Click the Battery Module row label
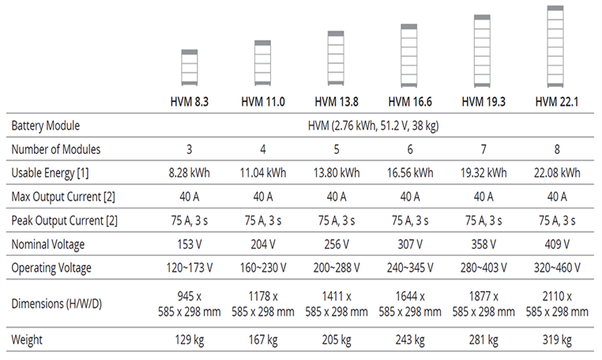(46, 126)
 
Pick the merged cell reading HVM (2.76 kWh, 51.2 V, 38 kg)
(374, 126)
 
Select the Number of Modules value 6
(409, 149)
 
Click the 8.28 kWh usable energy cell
(190, 173)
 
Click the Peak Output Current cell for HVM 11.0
(263, 220)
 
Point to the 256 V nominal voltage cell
(337, 244)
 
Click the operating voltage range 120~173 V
(190, 268)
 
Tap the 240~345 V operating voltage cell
(409, 268)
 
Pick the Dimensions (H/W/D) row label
(58, 304)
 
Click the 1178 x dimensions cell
(263, 304)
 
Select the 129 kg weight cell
(190, 340)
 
